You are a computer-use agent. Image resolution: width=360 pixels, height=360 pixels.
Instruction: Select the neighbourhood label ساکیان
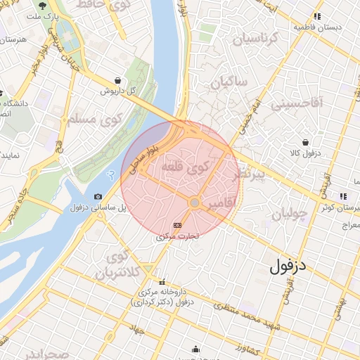(x=229, y=82)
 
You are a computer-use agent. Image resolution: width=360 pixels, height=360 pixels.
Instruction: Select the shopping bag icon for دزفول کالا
(x=306, y=141)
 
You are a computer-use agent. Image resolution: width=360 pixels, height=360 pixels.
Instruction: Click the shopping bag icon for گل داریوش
(x=116, y=80)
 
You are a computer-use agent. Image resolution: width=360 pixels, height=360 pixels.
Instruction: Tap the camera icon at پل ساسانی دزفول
(x=98, y=196)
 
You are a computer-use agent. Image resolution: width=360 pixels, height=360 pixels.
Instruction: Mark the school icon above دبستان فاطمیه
(x=317, y=15)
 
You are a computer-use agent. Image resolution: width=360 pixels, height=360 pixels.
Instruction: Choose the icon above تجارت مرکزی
(x=176, y=225)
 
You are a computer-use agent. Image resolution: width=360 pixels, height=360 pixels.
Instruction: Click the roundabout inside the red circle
(x=195, y=202)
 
